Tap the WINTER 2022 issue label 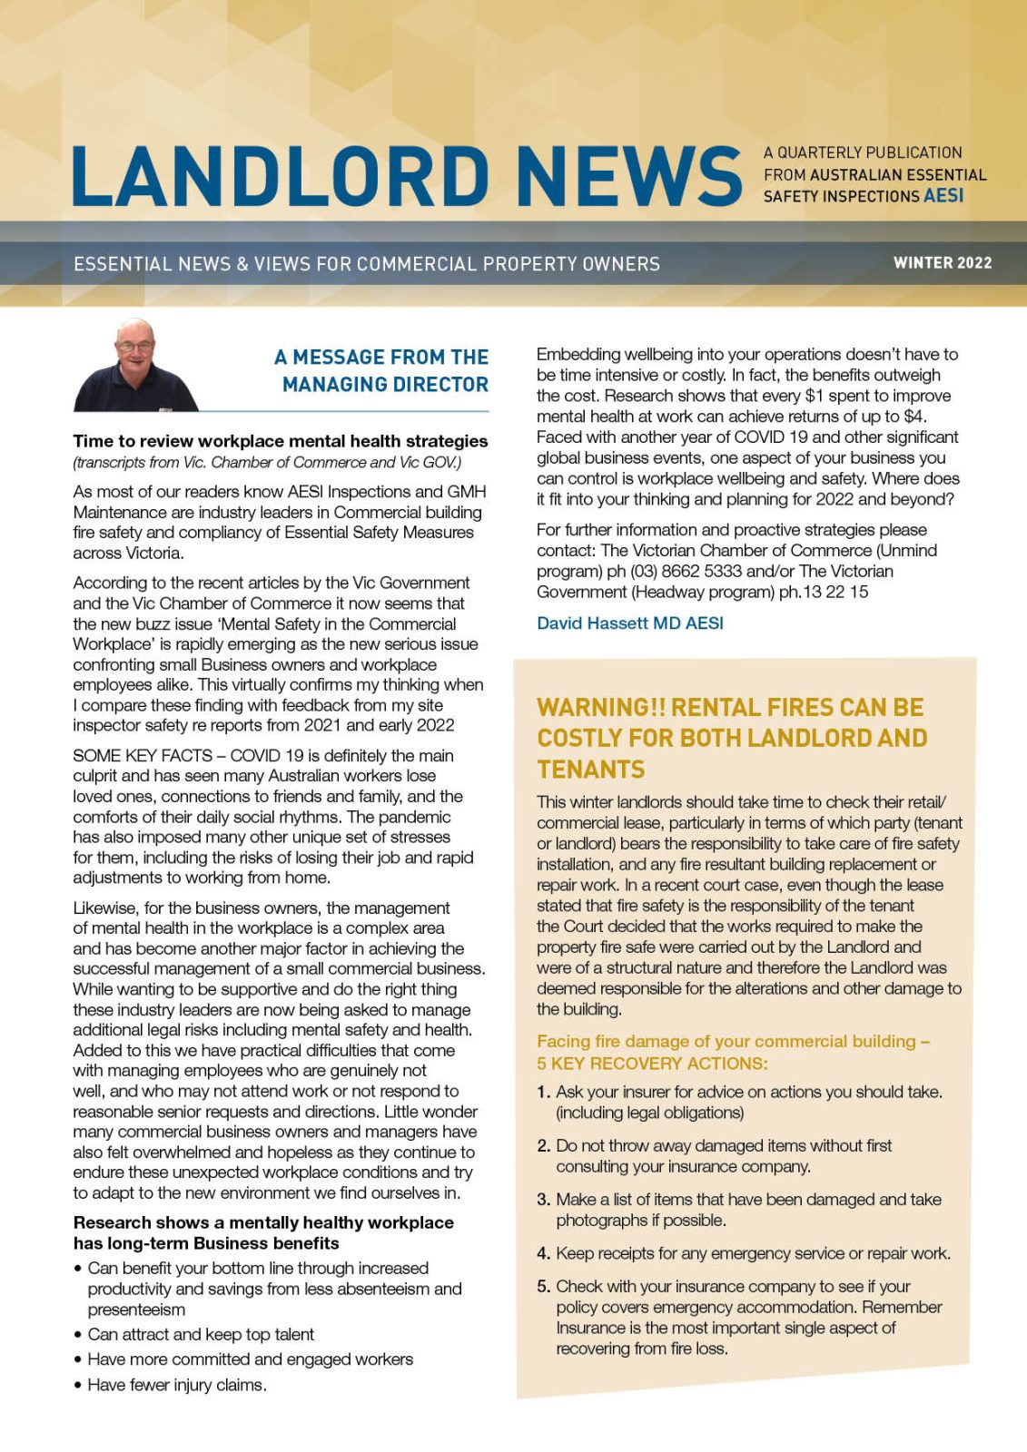coord(942,263)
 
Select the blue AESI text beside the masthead coord(943,196)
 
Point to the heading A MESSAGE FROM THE coord(381,358)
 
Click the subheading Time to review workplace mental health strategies coord(281,441)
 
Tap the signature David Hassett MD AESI coord(630,623)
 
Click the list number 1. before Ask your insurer coord(543,1093)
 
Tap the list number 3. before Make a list coord(543,1200)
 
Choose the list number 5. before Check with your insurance coord(543,1287)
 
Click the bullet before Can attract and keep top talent coord(78,1335)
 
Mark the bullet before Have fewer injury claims coord(78,1386)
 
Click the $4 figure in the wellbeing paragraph coord(913,417)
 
